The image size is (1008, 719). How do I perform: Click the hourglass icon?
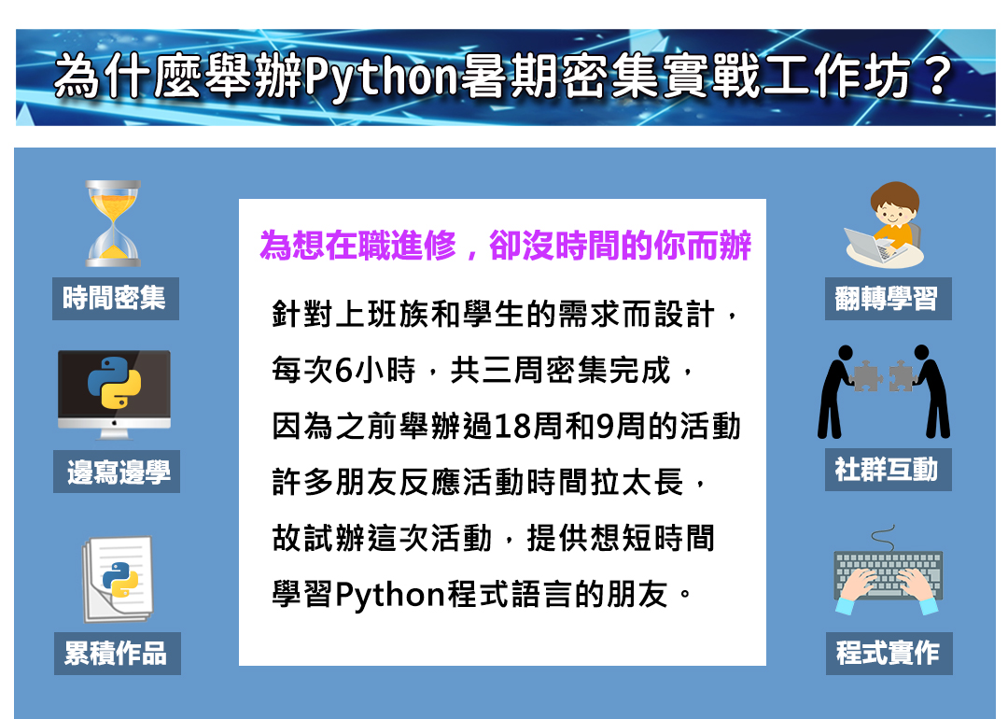click(113, 223)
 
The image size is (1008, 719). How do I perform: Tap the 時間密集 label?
click(115, 299)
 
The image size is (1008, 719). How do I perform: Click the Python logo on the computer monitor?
click(115, 383)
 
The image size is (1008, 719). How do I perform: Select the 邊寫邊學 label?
click(117, 472)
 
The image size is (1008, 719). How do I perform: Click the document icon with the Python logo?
click(118, 580)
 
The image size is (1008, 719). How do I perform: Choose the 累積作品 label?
click(117, 654)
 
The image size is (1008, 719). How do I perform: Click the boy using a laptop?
click(886, 224)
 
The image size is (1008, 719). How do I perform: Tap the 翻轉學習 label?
click(888, 299)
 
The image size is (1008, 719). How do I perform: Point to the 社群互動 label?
click(888, 470)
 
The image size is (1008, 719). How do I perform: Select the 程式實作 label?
click(889, 654)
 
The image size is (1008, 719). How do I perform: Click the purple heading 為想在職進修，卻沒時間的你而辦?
click(505, 245)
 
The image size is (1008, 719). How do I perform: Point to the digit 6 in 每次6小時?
click(343, 371)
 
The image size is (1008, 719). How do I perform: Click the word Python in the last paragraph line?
click(390, 595)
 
